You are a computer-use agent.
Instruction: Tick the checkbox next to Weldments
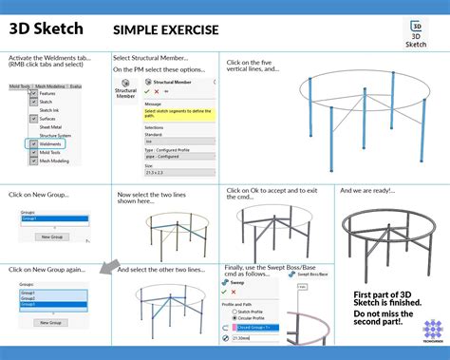(34, 144)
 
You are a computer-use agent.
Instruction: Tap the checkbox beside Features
(34, 94)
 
